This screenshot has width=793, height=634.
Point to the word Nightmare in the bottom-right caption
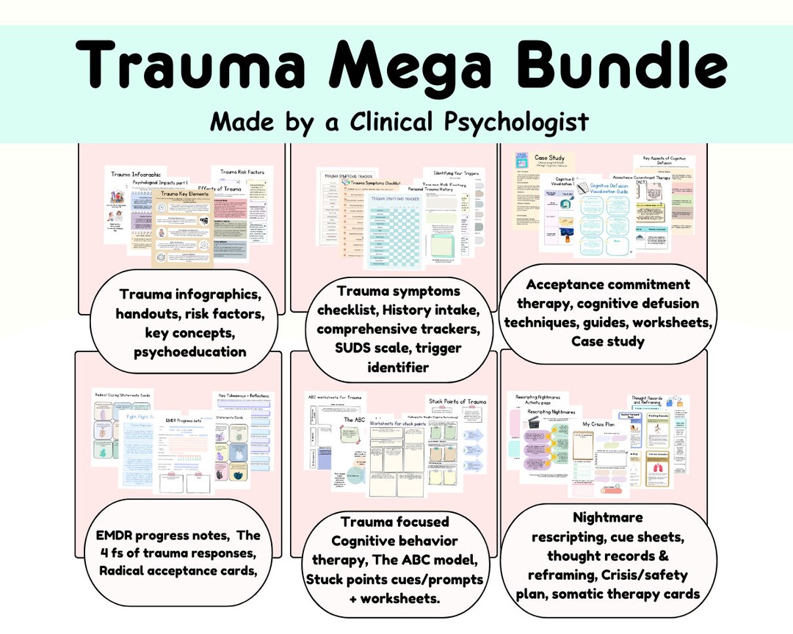tap(609, 517)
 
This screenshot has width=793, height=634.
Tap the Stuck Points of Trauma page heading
tap(457, 401)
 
